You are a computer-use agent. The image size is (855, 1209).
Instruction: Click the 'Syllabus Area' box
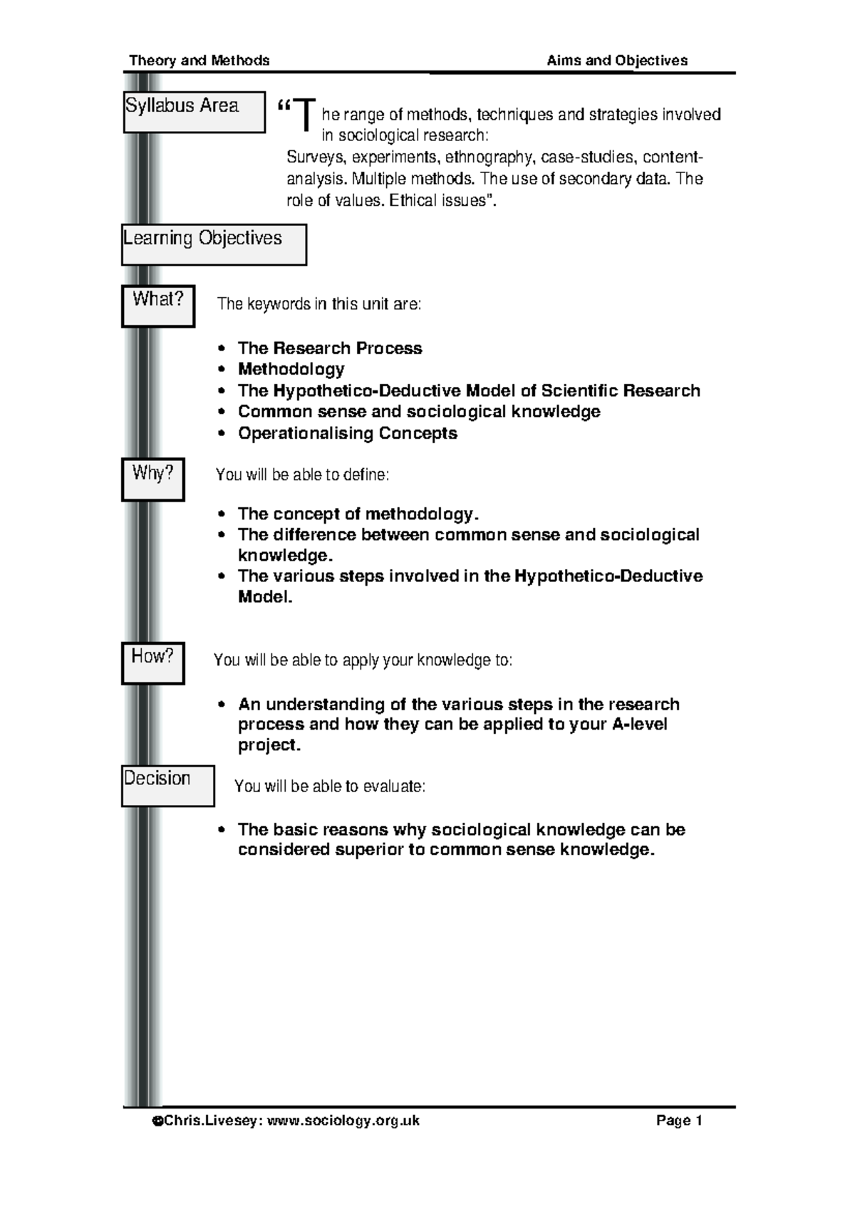pos(194,112)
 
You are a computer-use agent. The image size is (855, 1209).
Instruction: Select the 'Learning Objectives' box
pos(214,244)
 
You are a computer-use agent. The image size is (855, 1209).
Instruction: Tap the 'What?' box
pos(158,306)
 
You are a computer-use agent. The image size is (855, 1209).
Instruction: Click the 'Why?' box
pos(153,479)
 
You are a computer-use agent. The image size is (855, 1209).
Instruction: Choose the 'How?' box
pos(153,663)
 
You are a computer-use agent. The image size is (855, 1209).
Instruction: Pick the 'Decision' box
pos(167,786)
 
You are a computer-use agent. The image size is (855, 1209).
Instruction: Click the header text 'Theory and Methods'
pos(199,61)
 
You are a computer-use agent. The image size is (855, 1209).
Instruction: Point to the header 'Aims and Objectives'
pos(617,61)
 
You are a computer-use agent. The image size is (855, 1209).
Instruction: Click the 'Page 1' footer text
pos(679,1121)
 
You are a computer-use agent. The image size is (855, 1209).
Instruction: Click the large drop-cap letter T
pos(305,115)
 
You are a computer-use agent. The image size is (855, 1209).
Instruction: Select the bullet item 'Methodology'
pos(291,369)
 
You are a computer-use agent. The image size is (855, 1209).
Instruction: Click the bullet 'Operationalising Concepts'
pos(347,433)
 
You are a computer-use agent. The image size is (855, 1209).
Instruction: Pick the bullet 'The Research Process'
pos(329,348)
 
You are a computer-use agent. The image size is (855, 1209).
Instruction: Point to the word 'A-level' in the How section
pos(639,725)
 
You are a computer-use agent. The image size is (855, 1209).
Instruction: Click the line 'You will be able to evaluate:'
pos(329,787)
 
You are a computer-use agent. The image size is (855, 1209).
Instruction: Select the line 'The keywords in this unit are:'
pos(318,304)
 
